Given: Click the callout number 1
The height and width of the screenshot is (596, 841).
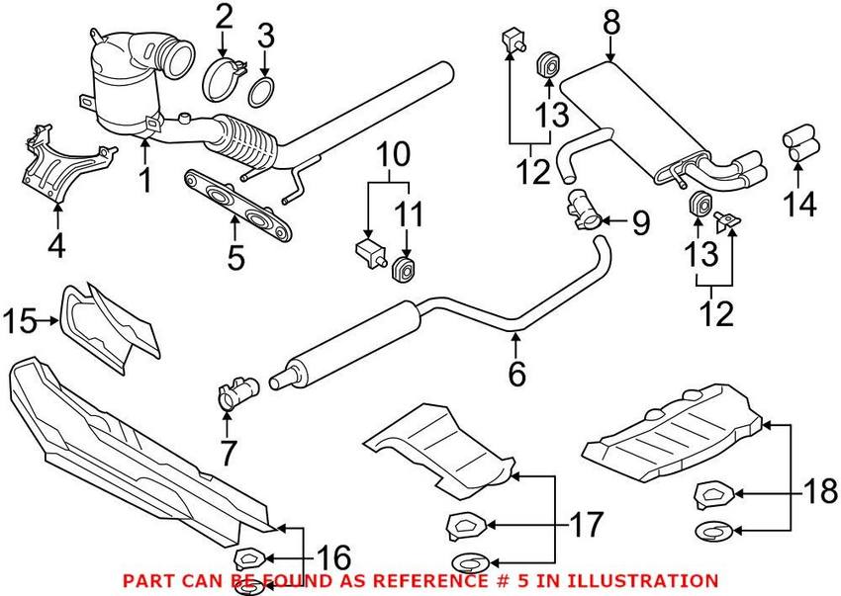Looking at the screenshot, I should [145, 181].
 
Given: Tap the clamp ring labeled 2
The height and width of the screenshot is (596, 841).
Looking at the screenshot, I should [223, 77].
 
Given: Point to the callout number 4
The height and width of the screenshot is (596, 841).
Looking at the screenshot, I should [56, 243].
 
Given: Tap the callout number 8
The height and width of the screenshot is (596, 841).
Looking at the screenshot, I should [610, 20].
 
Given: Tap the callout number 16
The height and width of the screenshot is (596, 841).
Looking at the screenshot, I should [331, 558].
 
